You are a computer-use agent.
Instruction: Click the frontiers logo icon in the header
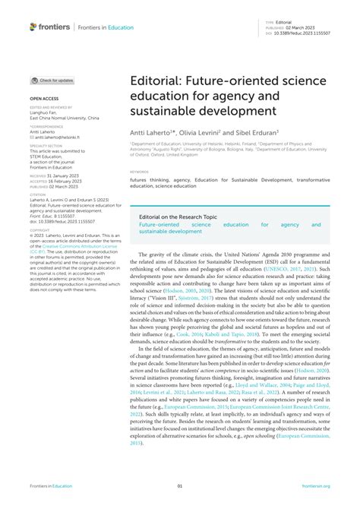(33, 27)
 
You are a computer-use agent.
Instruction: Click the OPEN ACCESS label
(44, 99)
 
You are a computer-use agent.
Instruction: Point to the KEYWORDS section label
(139, 172)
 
